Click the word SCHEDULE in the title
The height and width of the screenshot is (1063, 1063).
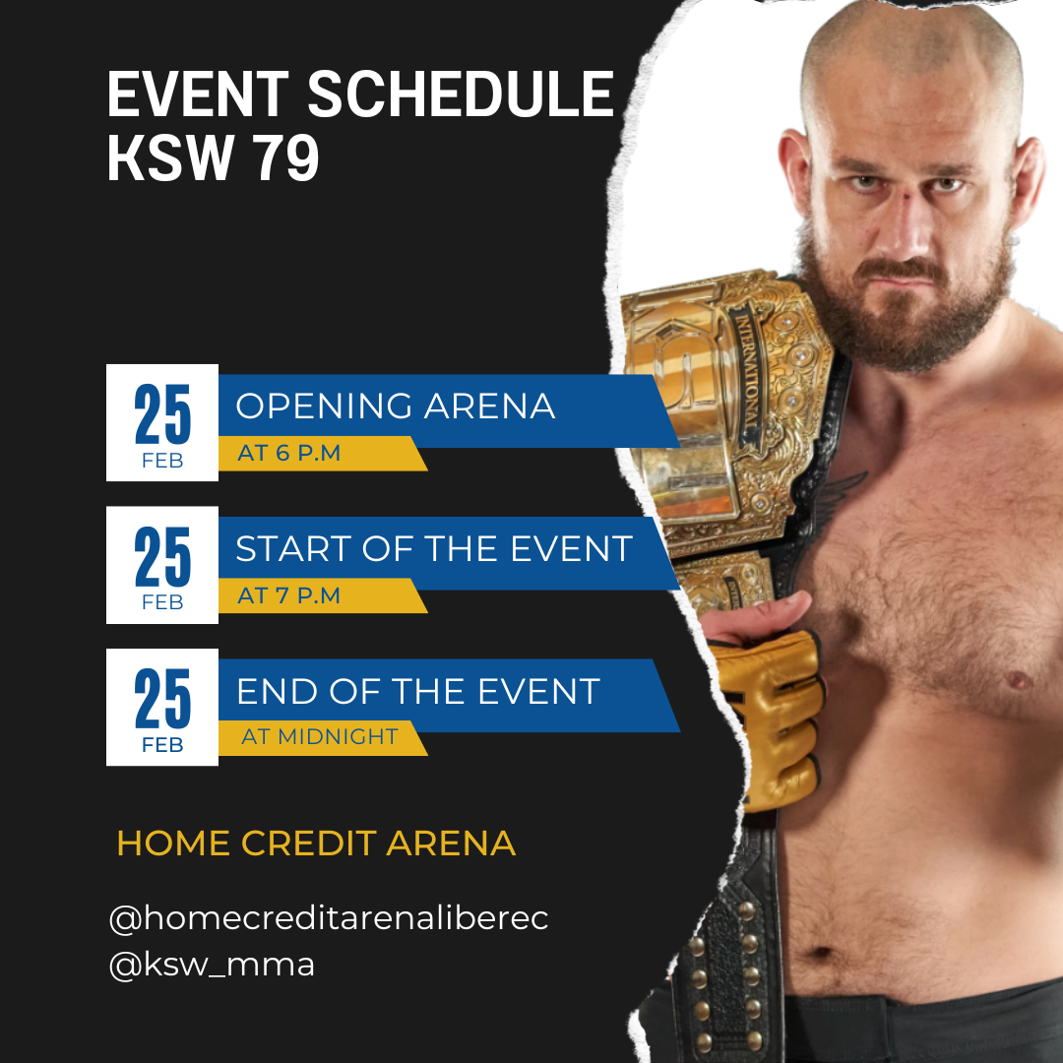pos(461,94)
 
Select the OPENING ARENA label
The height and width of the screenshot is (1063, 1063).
pos(396,406)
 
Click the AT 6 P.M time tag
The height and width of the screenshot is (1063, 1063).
pos(288,453)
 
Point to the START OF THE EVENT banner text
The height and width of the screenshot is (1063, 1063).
pos(434,548)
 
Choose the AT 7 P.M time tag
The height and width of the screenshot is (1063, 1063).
pos(288,595)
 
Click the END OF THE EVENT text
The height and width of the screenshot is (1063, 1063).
pos(417,691)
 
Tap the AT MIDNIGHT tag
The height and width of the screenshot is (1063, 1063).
pos(319,736)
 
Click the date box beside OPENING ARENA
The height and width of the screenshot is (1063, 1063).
pos(162,422)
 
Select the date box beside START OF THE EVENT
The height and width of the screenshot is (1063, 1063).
pos(162,565)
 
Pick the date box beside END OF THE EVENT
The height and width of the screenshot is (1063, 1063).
pos(162,707)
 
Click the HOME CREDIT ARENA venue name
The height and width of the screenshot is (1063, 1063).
pos(316,843)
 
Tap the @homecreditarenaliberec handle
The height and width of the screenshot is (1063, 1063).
pos(328,918)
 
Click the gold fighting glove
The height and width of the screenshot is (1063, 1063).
pos(770,719)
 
